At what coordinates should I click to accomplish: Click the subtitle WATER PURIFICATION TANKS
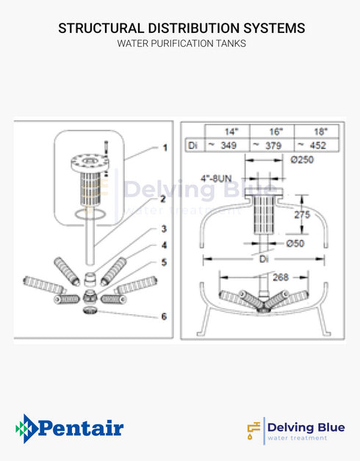[181, 44]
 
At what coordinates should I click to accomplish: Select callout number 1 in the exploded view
[165, 148]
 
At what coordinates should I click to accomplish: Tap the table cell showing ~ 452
[316, 145]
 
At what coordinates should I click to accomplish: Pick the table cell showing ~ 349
[227, 145]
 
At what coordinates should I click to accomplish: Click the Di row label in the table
[193, 145]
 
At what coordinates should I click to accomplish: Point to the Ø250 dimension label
[303, 160]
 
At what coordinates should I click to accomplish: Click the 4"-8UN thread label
[218, 177]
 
